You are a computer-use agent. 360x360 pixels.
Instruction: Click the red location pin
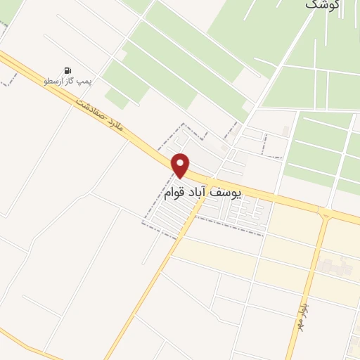point(181,166)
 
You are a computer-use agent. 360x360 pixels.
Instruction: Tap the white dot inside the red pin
point(181,162)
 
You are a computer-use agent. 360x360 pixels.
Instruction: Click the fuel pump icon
point(67,70)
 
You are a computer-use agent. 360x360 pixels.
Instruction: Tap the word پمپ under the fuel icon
point(85,82)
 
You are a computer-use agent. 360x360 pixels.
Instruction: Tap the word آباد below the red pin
point(210,193)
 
